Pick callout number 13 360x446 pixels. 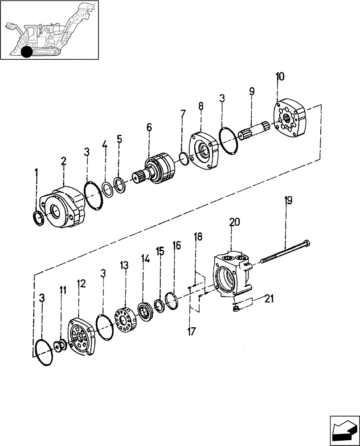(x=124, y=266)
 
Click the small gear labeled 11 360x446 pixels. (x=61, y=346)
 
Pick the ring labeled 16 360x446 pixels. (x=172, y=300)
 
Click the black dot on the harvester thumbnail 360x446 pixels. (x=26, y=52)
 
